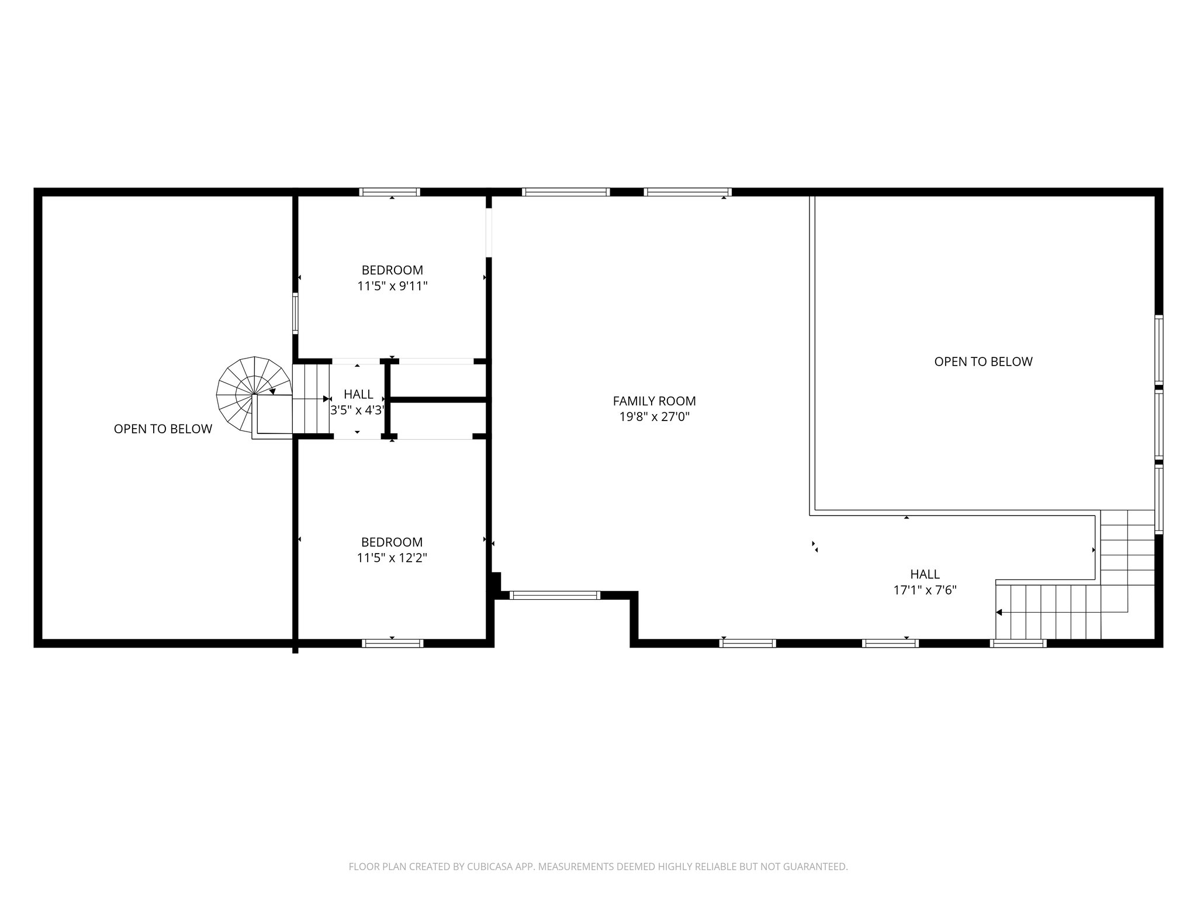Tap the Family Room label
654,401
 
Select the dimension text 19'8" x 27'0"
654,417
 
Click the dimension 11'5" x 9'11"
392,286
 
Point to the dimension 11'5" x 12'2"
392,558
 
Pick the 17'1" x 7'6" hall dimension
925,590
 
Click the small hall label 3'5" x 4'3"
358,410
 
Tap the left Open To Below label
162,429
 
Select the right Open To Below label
983,361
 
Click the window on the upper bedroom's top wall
390,192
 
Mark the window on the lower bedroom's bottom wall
392,643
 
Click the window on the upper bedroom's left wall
295,314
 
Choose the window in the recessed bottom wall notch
555,595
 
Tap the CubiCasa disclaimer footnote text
598,867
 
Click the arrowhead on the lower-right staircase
999,612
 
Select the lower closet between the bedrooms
437,419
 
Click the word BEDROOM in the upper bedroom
392,270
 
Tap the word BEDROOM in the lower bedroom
392,542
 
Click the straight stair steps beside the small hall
311,399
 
